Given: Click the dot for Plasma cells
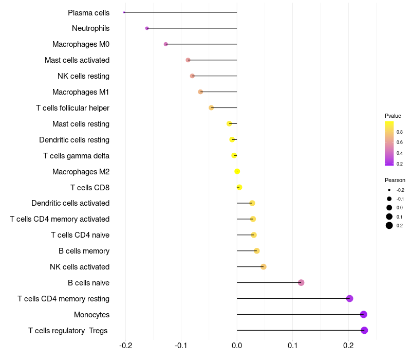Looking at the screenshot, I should coord(124,12).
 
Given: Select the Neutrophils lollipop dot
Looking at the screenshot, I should coord(147,28).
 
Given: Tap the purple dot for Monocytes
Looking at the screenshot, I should coord(364,314).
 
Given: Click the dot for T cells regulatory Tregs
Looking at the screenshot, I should coord(364,330).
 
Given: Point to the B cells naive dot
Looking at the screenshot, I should coord(301,282).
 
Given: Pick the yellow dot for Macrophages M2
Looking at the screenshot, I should coord(237,171).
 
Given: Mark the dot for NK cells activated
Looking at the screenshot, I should coord(264,266).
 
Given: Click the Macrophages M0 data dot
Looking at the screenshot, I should coord(165,44).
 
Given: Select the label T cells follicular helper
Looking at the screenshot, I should coord(72,108).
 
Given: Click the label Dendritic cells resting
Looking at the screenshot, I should coord(74,140).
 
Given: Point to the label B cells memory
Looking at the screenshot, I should coord(84,251).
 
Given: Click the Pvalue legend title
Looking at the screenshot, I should coord(393,116).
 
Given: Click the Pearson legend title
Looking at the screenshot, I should coord(395,180).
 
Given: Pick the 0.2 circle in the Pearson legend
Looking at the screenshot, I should coord(389,225).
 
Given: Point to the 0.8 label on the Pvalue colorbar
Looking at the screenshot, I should coord(400,132).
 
